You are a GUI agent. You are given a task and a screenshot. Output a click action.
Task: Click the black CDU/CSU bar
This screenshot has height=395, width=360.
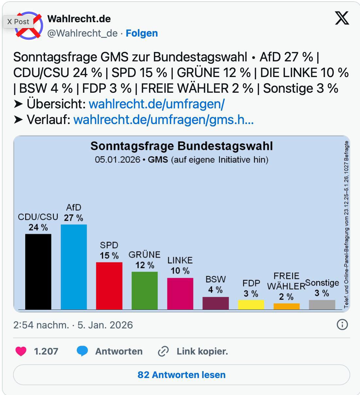38,271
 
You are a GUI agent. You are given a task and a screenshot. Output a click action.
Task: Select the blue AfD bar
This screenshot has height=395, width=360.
74,267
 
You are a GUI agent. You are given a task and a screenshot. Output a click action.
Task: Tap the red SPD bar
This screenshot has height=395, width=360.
109,286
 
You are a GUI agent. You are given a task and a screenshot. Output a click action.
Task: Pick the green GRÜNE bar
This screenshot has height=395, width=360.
144,290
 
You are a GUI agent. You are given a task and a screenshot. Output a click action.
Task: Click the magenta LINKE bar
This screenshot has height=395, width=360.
180,293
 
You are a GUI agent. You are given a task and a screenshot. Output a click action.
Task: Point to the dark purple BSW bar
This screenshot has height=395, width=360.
216,303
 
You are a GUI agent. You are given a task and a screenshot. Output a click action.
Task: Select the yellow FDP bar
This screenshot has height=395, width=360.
251,305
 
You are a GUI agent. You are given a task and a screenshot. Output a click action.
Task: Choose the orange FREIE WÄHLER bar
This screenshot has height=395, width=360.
286,306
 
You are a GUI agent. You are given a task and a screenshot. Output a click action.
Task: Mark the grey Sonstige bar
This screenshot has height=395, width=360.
322,305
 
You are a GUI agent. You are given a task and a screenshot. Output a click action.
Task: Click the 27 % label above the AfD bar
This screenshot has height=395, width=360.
74,218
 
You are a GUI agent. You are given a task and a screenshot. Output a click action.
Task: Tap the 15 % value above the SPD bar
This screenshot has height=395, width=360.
109,256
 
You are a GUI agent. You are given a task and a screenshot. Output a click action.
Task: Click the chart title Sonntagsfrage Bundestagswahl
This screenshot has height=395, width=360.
182,146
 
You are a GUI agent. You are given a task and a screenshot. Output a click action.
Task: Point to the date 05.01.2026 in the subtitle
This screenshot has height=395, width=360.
117,160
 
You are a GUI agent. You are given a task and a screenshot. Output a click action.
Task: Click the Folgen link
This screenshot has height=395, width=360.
142,33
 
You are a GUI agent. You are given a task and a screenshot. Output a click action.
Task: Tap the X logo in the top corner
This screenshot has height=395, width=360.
342,18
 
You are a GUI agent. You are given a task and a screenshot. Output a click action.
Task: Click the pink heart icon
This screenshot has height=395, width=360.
21,351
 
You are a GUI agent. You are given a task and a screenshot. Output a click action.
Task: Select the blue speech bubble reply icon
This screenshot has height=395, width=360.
82,351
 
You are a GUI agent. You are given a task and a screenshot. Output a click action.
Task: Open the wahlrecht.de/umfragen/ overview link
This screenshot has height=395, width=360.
156,104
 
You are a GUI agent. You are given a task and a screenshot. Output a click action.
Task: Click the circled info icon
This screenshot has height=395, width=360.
342,324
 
